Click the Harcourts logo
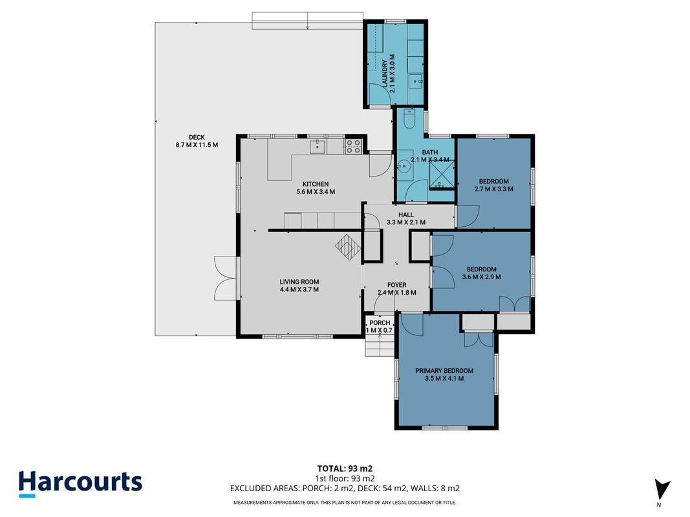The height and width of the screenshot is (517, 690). [x=80, y=484]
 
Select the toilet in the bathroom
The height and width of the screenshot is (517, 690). [x=409, y=118]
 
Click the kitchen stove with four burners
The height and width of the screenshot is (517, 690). [x=353, y=147]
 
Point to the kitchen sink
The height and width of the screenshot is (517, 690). [x=318, y=147]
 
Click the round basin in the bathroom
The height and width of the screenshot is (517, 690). [x=404, y=167]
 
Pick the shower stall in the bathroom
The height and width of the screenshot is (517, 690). [x=442, y=175]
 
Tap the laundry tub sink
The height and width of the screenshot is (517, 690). [x=415, y=81]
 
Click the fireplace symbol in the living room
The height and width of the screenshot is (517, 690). [x=348, y=247]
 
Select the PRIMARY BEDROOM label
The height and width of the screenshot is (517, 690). [x=444, y=370]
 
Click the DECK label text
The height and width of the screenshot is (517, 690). [x=197, y=137]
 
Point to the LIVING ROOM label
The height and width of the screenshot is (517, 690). [x=299, y=282]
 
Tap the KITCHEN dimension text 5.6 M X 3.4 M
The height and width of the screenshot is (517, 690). [x=316, y=192]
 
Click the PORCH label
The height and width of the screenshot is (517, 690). [x=380, y=322]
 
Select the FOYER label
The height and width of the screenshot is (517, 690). [x=397, y=285]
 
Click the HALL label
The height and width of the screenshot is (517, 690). [x=405, y=215]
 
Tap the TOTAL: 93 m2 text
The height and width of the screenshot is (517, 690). [x=345, y=469]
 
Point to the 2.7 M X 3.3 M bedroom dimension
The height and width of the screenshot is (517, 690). [x=494, y=189]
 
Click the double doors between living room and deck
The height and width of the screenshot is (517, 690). [x=226, y=279]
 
